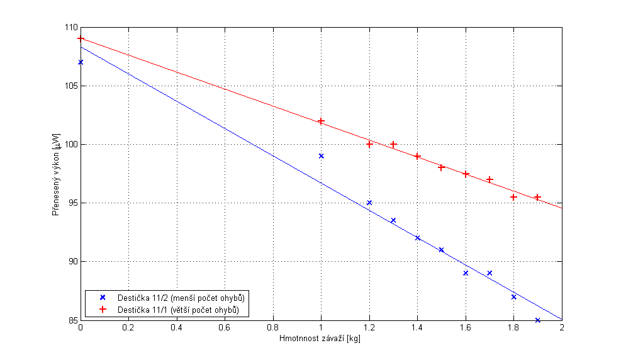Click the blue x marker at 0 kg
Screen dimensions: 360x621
coord(81,62)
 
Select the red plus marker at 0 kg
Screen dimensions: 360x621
coord(81,38)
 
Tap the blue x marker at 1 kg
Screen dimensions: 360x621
coord(321,156)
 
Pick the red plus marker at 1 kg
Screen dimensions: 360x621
coord(321,121)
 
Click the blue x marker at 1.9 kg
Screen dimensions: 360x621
coord(537,320)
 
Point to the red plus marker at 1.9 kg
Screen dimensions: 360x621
coord(537,197)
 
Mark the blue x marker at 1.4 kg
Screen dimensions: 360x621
coord(417,238)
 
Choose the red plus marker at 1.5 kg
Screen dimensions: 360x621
coord(441,167)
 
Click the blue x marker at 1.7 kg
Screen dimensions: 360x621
coord(490,273)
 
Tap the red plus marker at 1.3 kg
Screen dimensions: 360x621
coord(393,144)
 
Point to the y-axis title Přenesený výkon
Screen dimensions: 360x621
coord(56,175)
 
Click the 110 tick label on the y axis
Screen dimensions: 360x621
coord(70,28)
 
